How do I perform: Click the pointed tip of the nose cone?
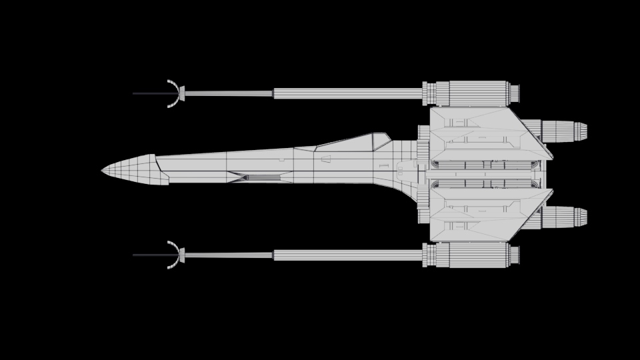pos(103,171)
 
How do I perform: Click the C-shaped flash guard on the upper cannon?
pos(173,93)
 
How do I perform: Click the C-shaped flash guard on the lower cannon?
pos(173,255)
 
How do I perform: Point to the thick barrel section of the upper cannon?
pos(347,94)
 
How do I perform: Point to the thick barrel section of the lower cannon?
pos(347,255)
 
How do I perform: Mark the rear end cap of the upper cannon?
pos(514,93)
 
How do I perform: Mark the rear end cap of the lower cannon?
pos(514,255)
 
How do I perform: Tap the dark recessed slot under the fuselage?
pos(261,177)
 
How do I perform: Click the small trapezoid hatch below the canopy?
pos(326,159)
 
